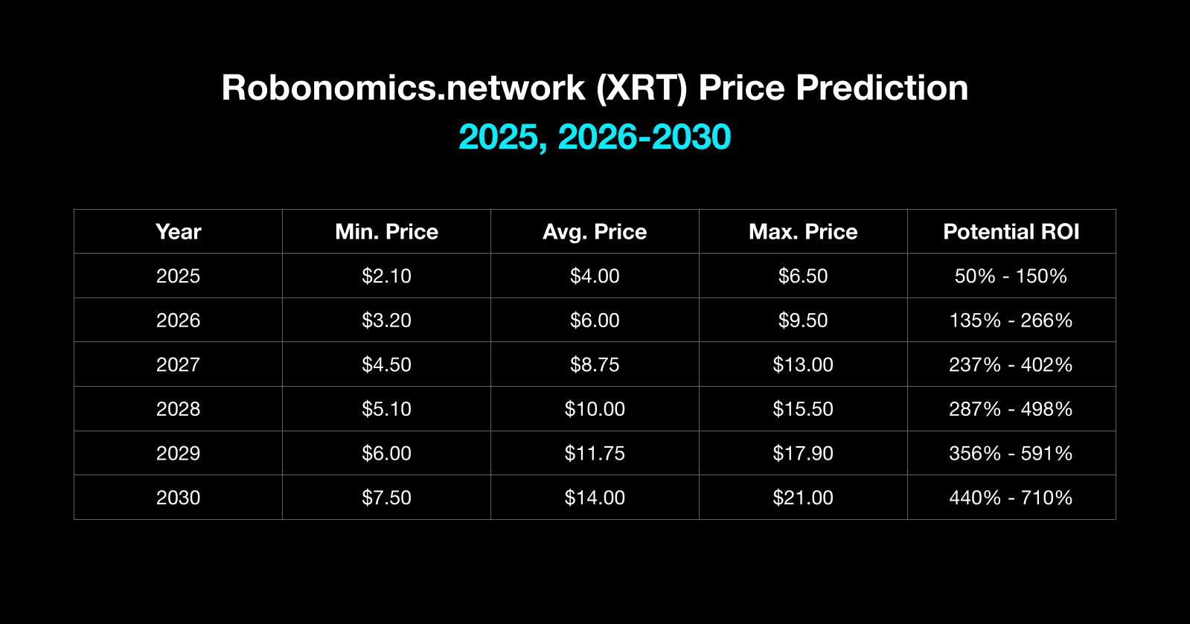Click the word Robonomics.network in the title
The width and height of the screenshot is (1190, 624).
(x=403, y=88)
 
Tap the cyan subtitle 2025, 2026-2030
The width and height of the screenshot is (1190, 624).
(x=595, y=137)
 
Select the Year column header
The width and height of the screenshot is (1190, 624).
(x=178, y=232)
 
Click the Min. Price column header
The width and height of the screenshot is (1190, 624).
(x=386, y=232)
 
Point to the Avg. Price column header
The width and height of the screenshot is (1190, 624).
(x=595, y=232)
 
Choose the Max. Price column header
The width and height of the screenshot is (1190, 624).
(x=803, y=232)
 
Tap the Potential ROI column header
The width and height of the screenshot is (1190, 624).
(x=1011, y=232)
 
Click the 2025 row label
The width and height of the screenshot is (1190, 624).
(x=178, y=276)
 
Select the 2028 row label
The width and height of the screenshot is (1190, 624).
(x=178, y=409)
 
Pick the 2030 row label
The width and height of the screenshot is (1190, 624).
(x=178, y=498)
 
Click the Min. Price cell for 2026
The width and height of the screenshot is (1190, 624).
(x=386, y=321)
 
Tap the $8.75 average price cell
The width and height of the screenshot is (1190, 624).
(x=595, y=365)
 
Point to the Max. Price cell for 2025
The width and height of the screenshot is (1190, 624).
(x=803, y=276)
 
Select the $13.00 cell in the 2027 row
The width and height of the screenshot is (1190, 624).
(x=803, y=365)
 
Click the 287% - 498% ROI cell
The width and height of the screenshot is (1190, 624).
(x=1011, y=409)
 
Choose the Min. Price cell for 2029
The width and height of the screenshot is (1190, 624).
(x=386, y=453)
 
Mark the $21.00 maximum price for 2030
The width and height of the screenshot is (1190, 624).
(x=803, y=498)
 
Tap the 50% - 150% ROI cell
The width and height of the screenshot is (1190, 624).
(x=1011, y=276)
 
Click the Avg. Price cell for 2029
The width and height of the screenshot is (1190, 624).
(x=595, y=453)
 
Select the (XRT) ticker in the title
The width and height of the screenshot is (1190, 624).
(x=642, y=89)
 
